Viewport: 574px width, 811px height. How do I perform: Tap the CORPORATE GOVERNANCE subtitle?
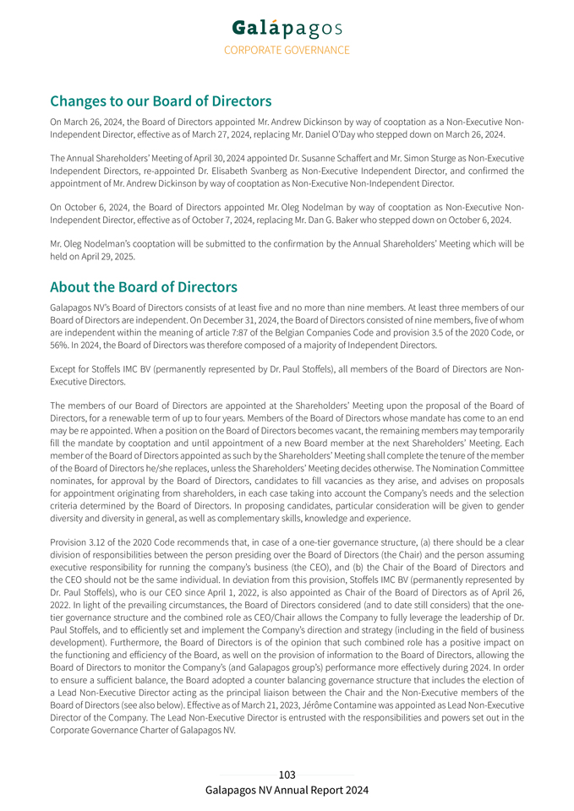tap(287, 50)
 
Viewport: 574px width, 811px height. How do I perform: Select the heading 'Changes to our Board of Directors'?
tap(161, 101)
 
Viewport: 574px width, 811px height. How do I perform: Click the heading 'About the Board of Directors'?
tap(144, 287)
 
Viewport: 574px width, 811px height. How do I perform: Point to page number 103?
tap(287, 775)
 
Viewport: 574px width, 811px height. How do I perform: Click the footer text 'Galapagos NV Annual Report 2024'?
tap(287, 790)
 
